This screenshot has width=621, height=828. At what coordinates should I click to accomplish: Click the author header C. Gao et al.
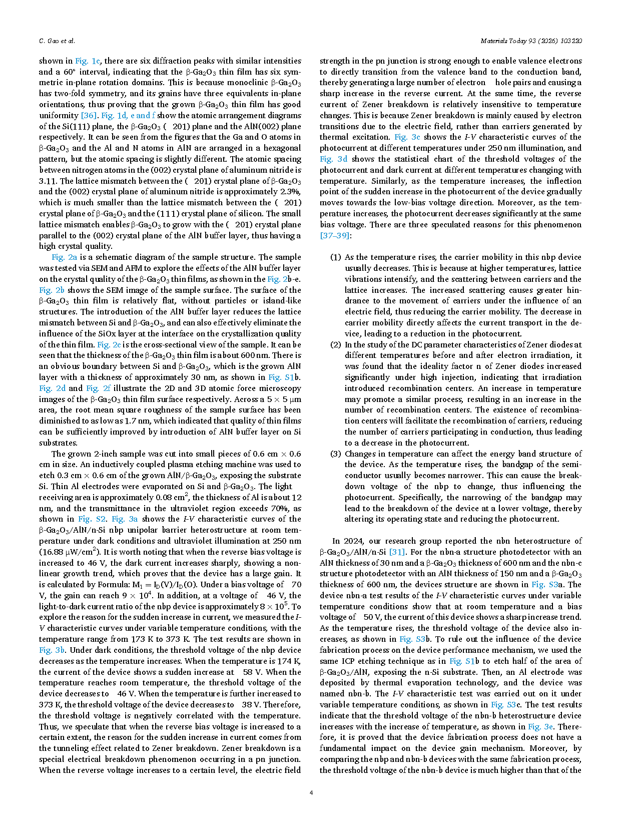pos(57,41)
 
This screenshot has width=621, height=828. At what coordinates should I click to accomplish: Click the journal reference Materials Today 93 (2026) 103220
pos(530,41)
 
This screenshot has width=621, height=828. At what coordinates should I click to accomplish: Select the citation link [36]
pos(89,116)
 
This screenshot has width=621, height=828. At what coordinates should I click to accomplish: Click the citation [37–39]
pos(335,235)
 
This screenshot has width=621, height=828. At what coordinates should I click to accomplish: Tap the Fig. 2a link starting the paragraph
pos(64,257)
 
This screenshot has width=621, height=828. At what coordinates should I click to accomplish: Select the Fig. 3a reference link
pos(125,519)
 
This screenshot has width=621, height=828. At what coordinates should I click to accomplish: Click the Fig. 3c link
pos(407,137)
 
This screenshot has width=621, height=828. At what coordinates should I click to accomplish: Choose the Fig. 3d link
pos(333,159)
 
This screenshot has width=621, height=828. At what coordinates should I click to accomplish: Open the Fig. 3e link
pos(540,727)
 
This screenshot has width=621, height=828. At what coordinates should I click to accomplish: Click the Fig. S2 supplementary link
pos(92,519)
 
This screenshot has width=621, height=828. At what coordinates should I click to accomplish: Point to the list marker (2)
pos(335,345)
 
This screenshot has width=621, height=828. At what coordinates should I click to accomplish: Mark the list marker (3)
pos(335,454)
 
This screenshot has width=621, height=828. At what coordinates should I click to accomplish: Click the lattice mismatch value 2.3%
pos(290,192)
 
